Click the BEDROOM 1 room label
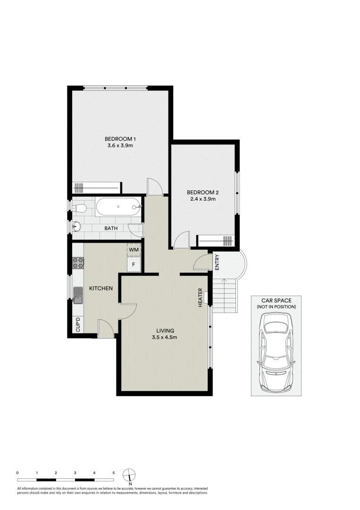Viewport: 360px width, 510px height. point(120,138)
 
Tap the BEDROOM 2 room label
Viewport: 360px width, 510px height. point(202,192)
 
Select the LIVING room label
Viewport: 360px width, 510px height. point(164,331)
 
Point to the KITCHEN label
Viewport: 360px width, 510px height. point(101,288)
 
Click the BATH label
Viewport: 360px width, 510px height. point(111,228)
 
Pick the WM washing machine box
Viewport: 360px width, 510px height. point(134,249)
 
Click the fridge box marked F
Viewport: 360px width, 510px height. point(134,264)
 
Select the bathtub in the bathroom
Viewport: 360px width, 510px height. point(118,207)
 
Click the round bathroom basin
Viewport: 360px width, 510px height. point(76,228)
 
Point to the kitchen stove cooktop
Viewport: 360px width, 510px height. point(77,264)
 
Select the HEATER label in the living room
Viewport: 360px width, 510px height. point(200,297)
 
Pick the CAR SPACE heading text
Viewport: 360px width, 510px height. point(276,300)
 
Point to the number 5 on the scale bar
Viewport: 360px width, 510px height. point(114,472)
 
